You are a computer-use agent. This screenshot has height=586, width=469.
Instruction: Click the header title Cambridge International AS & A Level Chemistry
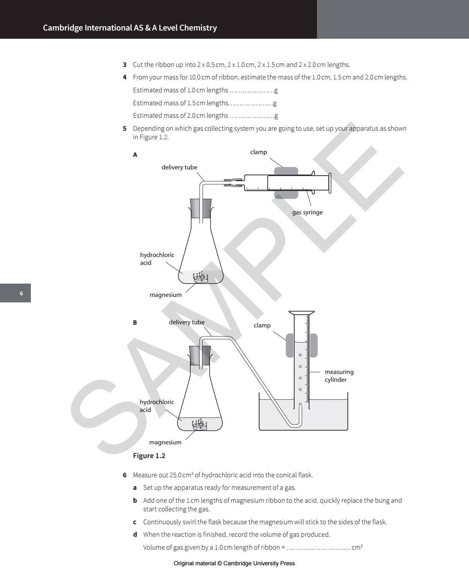click(x=130, y=28)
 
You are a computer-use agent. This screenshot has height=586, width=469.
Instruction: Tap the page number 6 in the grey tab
click(x=21, y=293)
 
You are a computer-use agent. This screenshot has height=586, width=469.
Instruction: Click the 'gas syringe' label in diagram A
click(x=307, y=212)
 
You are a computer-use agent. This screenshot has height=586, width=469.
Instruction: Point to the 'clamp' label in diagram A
click(x=258, y=152)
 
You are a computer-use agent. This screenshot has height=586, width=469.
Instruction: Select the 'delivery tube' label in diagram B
click(x=186, y=322)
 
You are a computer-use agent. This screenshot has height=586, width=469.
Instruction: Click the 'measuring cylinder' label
click(x=338, y=376)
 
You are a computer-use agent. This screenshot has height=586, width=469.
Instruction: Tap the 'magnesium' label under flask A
click(x=165, y=295)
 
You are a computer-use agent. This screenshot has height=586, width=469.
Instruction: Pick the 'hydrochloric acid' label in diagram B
click(x=156, y=406)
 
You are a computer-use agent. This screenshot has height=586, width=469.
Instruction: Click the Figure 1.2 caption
click(x=149, y=456)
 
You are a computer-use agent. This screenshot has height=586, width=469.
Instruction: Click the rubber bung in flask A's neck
click(x=201, y=208)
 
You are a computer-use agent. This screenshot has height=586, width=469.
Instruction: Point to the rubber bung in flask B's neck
click(x=200, y=355)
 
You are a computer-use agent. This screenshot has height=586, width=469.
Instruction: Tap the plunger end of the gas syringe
click(x=330, y=183)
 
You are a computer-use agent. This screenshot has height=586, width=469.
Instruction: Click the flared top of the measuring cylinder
click(x=301, y=313)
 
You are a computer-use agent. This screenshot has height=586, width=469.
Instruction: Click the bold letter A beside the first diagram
click(x=135, y=155)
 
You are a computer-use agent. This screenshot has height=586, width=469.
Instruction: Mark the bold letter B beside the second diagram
click(x=135, y=323)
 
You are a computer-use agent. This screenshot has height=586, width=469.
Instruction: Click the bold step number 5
click(x=125, y=128)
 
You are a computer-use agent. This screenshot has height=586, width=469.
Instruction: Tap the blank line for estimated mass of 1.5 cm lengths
click(x=250, y=103)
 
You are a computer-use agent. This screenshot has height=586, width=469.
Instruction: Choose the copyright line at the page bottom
click(x=234, y=563)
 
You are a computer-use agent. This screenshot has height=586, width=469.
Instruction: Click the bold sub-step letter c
click(x=135, y=522)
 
